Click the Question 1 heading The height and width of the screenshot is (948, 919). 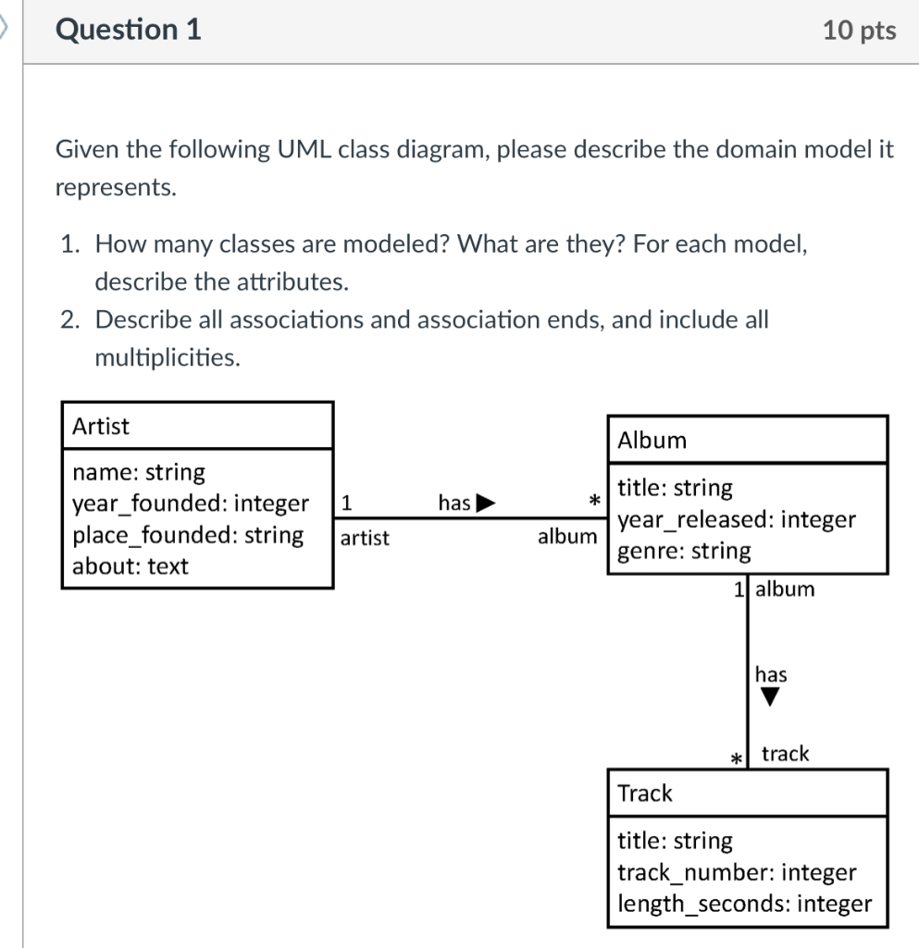[x=129, y=31]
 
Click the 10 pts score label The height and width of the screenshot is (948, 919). [x=859, y=31]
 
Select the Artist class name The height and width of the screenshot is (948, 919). [x=101, y=427]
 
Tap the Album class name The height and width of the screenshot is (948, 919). [x=652, y=441]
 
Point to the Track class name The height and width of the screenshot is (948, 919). [x=645, y=793]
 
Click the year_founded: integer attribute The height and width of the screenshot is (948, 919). [x=191, y=504]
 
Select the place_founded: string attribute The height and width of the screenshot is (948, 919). [x=188, y=535]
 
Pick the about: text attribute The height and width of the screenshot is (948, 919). [x=130, y=567]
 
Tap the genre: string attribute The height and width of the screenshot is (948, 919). [x=684, y=551]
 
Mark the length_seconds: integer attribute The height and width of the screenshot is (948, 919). [x=744, y=904]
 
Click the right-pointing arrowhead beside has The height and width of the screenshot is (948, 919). [x=486, y=504]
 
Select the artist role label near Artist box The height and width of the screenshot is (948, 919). [x=365, y=538]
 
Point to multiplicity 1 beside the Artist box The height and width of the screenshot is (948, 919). [x=345, y=504]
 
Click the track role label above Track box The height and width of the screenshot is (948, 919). [x=785, y=754]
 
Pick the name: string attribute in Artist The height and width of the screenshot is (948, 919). [x=139, y=472]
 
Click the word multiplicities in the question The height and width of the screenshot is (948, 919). [x=168, y=357]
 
